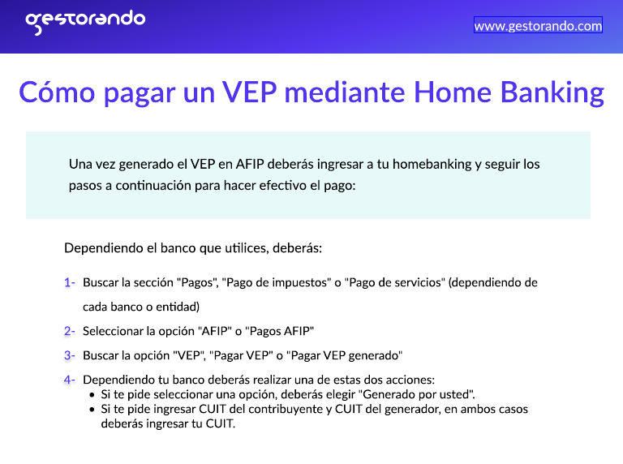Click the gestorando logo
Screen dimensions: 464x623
tap(85, 21)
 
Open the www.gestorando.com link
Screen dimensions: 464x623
tap(538, 26)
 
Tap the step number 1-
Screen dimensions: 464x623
tap(70, 283)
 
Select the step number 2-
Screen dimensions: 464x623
tap(70, 331)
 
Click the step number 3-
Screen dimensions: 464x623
tap(70, 355)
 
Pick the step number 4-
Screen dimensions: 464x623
tap(70, 380)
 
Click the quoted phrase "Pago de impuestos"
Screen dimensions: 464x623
tap(278, 283)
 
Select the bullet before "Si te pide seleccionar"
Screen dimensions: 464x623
tap(92, 395)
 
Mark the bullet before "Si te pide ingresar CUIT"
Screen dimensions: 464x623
tap(92, 410)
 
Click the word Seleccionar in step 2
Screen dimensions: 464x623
tap(116, 331)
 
